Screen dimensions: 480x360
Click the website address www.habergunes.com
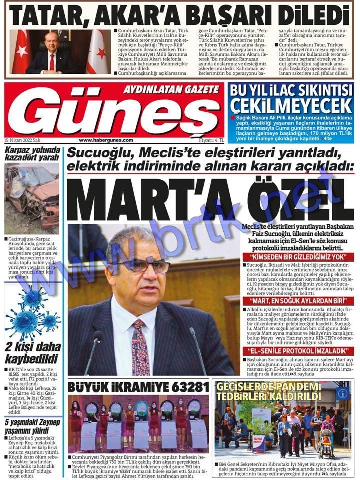pos(106,140)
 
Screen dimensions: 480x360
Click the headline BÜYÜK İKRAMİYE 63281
pos(132,387)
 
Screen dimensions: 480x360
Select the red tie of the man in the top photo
pos(52,62)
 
